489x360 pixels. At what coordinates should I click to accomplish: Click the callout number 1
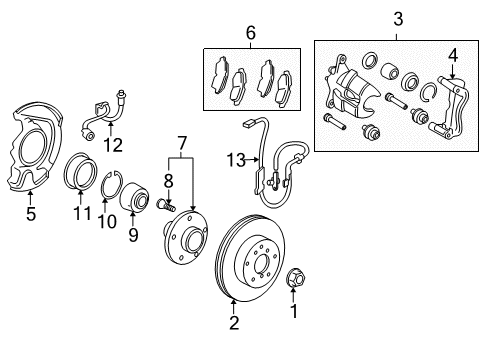pos(294,311)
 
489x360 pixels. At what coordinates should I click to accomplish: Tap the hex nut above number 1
pos(296,278)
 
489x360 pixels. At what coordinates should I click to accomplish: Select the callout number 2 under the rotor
pos(234,323)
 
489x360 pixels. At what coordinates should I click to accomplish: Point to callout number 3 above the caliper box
pos(398,19)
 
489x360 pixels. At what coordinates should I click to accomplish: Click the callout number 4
pos(453,55)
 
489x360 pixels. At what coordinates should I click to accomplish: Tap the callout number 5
pos(31,214)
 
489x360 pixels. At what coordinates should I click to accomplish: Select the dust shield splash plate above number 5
pos(34,147)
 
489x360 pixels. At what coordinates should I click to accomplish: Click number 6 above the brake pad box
pos(251,33)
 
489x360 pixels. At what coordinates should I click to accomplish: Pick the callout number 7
pos(181,144)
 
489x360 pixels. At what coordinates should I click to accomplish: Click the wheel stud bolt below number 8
pos(165,204)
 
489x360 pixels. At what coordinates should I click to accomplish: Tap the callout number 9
pos(133,235)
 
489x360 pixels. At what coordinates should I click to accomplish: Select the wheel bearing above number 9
pos(134,197)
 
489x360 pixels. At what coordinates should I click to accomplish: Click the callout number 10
pos(107,221)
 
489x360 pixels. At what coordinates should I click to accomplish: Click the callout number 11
pos(82,213)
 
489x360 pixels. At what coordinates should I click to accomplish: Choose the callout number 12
pos(113,145)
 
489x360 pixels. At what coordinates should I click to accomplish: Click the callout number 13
pos(236,160)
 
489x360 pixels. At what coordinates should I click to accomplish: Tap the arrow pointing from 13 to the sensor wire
pos(253,160)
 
